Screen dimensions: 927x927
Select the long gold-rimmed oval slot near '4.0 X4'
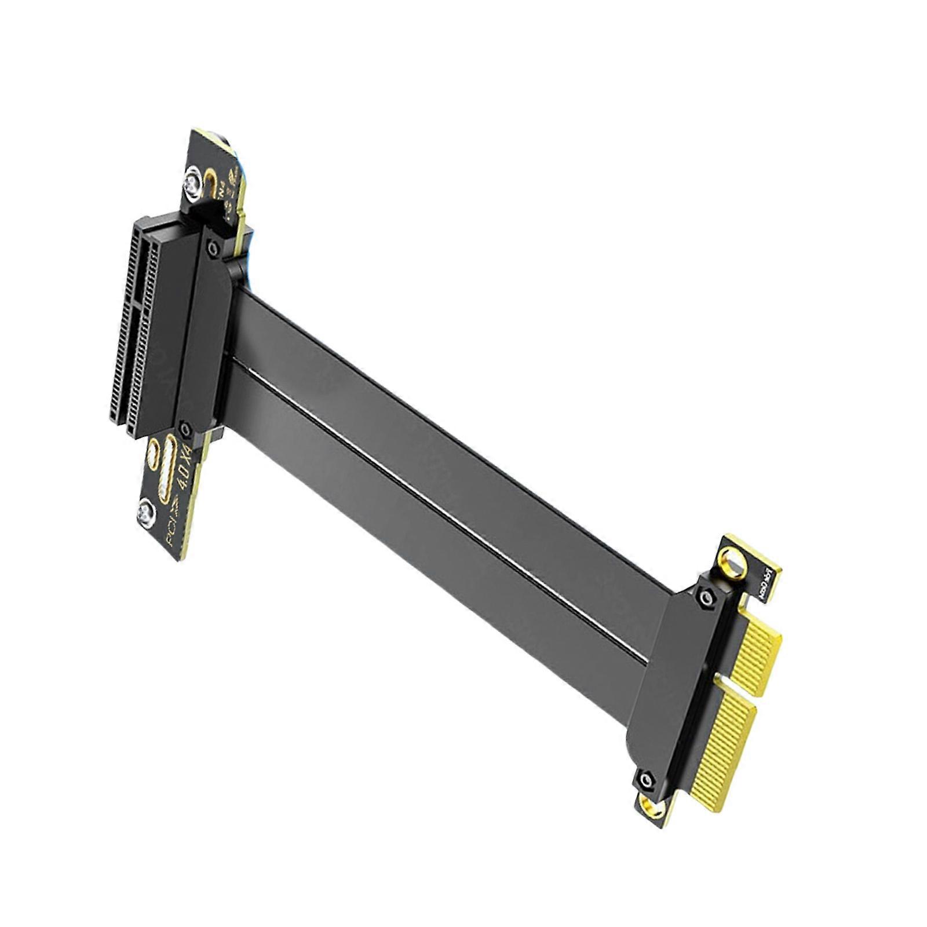tap(171, 469)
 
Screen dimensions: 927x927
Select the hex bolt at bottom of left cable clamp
tap(185, 429)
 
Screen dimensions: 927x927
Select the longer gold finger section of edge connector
tap(724, 747)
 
